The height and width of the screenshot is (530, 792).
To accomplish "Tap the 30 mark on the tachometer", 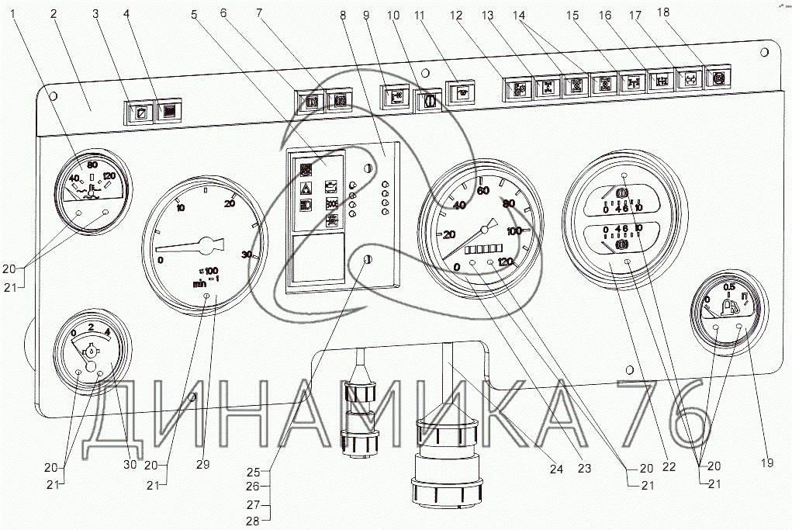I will click(247, 255).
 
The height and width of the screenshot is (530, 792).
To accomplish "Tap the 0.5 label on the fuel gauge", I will click(729, 286).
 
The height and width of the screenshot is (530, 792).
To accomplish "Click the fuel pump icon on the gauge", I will click(730, 308).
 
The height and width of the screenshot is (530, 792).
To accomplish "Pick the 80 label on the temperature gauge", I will click(92, 165).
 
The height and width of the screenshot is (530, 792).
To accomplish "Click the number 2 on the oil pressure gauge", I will click(92, 328).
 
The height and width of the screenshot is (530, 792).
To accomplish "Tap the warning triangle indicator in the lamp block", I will click(306, 187).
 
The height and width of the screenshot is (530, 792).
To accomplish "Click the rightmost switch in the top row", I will click(718, 78).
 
